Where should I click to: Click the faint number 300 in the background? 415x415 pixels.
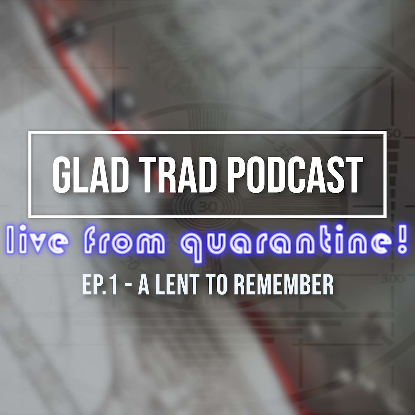pyautogui.click(x=392, y=279)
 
